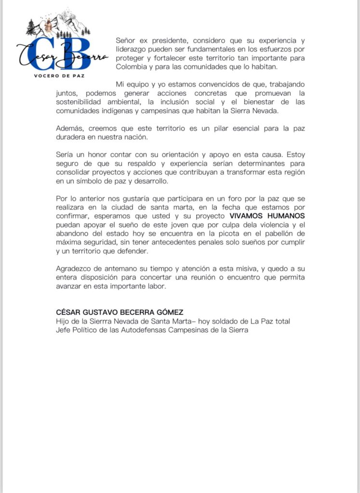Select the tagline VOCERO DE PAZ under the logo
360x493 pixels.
(60, 76)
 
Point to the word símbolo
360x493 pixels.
(88, 181)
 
